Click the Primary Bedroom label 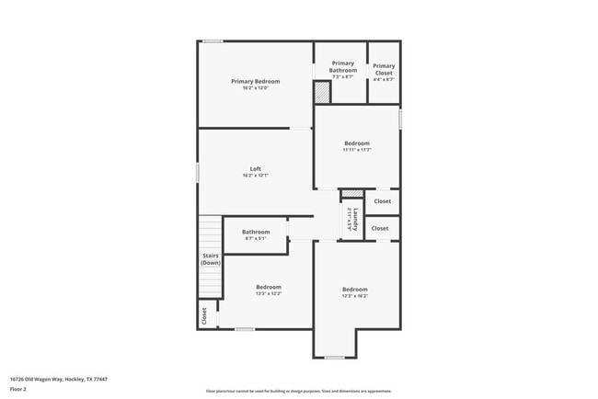pyautogui.click(x=255, y=81)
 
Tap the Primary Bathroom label pyautogui.click(x=343, y=66)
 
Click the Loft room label pyautogui.click(x=255, y=168)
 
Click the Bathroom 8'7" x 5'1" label pyautogui.click(x=256, y=232)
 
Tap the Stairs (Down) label pyautogui.click(x=211, y=258)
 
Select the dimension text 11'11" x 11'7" pyautogui.click(x=357, y=150)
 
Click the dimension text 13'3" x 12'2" pyautogui.click(x=269, y=293)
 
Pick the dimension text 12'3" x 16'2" pyautogui.click(x=355, y=296)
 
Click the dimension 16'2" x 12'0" pyautogui.click(x=255, y=88)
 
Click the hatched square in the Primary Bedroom pyautogui.click(x=322, y=93)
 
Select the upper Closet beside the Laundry pyautogui.click(x=382, y=201)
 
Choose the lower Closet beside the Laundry pyautogui.click(x=380, y=228)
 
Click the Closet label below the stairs pyautogui.click(x=204, y=315)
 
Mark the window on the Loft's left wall pyautogui.click(x=198, y=171)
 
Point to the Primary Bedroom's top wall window pyautogui.click(x=213, y=40)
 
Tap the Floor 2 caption pyautogui.click(x=18, y=389)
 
